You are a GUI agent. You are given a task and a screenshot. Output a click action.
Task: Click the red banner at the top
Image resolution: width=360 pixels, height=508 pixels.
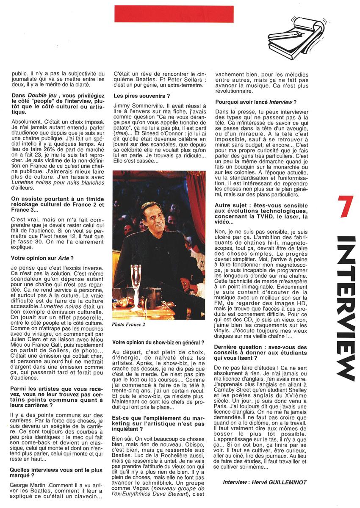(174, 14)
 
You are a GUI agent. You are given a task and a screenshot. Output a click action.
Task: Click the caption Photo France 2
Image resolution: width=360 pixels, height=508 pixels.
(129, 324)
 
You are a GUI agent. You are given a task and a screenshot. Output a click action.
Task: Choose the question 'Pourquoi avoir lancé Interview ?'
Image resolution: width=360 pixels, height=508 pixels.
(256, 102)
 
